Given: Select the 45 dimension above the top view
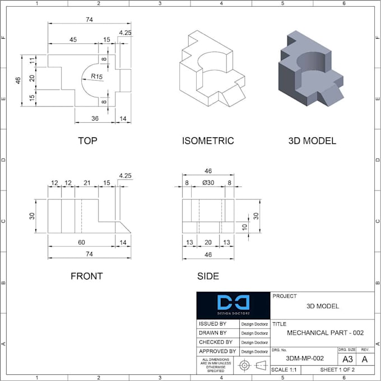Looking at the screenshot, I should pyautogui.click(x=73, y=40).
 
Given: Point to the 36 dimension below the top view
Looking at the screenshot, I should pyautogui.click(x=95, y=118).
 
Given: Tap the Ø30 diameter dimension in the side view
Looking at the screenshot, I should pyautogui.click(x=208, y=182).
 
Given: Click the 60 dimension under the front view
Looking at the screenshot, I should pyautogui.click(x=81, y=243).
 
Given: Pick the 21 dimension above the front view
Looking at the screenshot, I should pyautogui.click(x=87, y=182).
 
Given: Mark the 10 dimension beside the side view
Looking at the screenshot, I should pyautogui.click(x=244, y=226).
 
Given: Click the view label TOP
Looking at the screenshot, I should pyautogui.click(x=87, y=141).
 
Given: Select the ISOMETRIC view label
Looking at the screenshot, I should pyautogui.click(x=208, y=141).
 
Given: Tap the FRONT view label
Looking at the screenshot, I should pyautogui.click(x=87, y=276).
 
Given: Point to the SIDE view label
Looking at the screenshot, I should pyautogui.click(x=208, y=276).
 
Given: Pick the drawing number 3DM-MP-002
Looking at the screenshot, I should pyautogui.click(x=305, y=358).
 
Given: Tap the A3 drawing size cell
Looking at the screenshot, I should pyautogui.click(x=347, y=359).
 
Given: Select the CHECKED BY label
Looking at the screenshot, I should pyautogui.click(x=216, y=342).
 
